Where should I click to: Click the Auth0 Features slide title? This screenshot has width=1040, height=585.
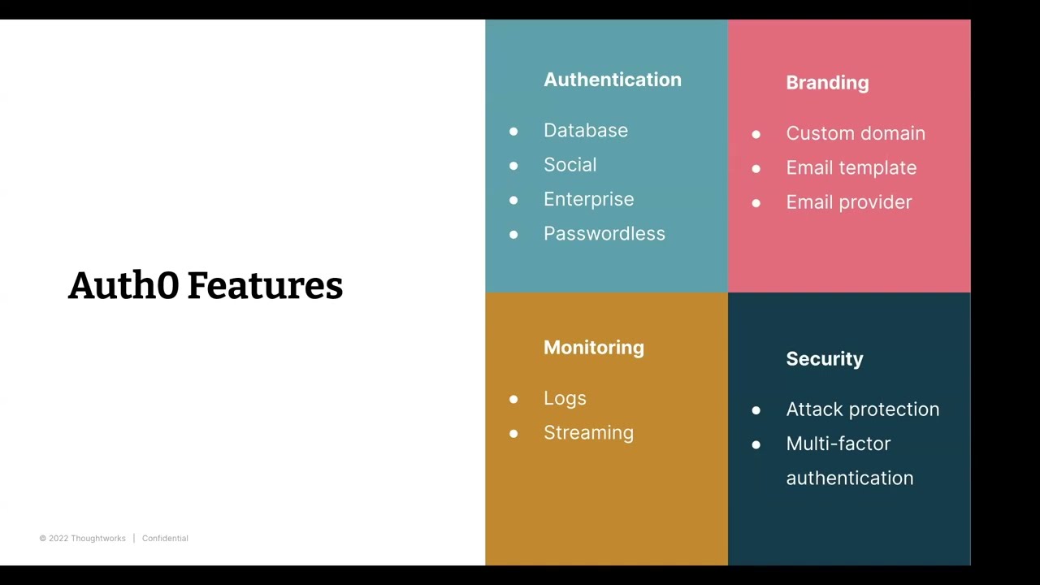click(x=206, y=286)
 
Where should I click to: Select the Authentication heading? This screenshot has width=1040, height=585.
click(x=612, y=80)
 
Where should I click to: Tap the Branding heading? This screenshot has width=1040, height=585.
click(x=827, y=83)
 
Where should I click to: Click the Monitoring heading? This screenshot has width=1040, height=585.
click(x=593, y=348)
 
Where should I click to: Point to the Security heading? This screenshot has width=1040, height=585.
click(x=824, y=359)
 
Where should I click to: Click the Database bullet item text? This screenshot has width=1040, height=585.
click(x=585, y=131)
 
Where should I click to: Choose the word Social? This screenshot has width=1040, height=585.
click(x=570, y=165)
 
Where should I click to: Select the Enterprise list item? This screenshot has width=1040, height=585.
click(x=588, y=199)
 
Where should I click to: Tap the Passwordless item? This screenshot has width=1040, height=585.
click(x=604, y=234)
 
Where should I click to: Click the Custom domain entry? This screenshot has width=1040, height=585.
click(x=855, y=133)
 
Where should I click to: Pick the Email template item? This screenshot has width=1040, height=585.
click(x=851, y=168)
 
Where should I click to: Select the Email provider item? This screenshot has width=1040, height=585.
click(x=848, y=202)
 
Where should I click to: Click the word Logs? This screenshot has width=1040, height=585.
click(x=565, y=398)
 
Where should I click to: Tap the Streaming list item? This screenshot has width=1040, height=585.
click(x=588, y=433)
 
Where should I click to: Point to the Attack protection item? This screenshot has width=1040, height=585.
click(x=862, y=409)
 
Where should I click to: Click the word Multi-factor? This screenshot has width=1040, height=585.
click(x=838, y=444)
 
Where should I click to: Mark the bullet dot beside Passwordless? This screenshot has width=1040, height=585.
click(x=513, y=235)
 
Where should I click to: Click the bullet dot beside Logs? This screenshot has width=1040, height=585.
click(x=513, y=399)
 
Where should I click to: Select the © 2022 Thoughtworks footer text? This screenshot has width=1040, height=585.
click(x=82, y=538)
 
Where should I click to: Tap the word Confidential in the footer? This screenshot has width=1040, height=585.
click(x=165, y=538)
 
